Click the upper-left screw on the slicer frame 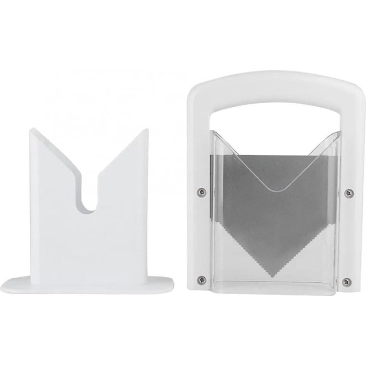point(201,192)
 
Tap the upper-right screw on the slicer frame point(348,193)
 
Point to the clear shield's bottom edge point(275,294)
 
